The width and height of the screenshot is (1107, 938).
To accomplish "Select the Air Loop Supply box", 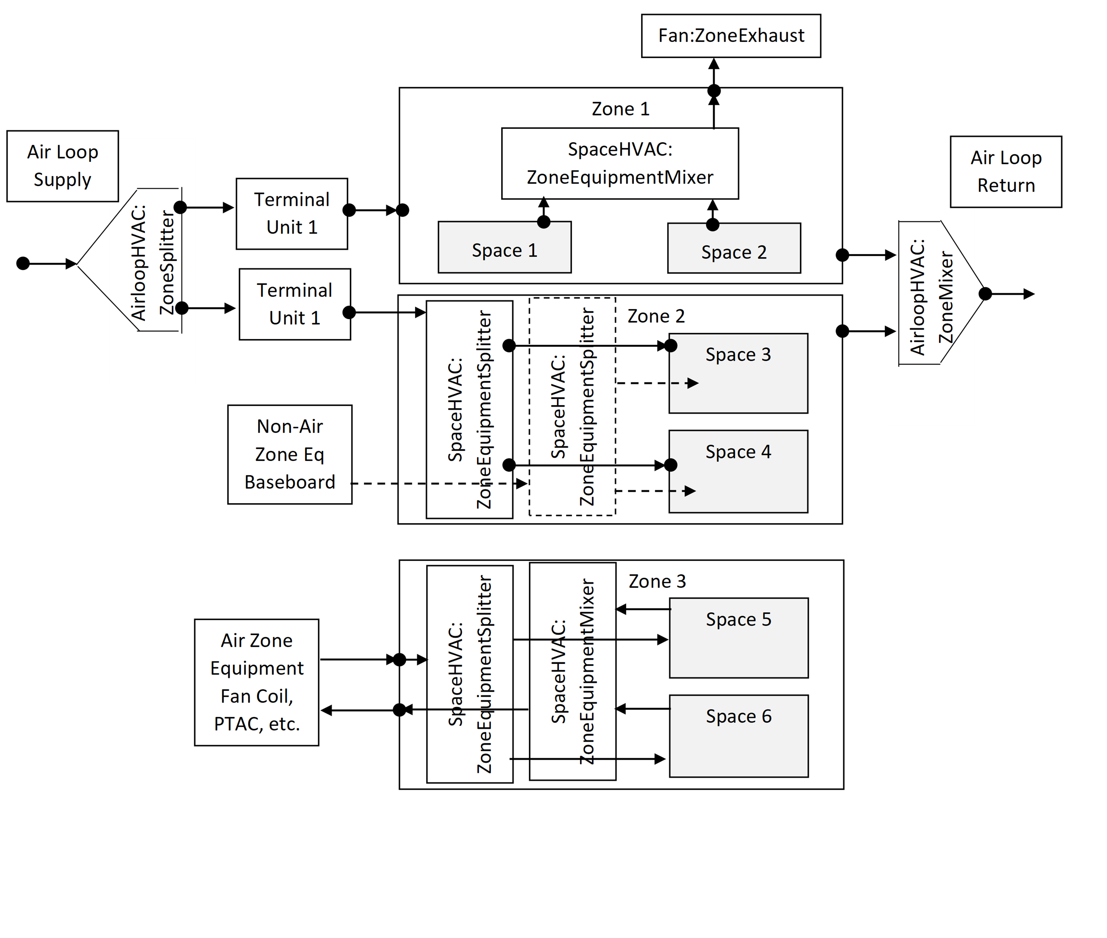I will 63,166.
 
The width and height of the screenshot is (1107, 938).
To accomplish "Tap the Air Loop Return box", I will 1005,171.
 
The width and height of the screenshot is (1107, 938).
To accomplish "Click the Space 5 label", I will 738,619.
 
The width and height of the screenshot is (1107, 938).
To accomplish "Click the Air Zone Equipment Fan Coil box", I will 257,682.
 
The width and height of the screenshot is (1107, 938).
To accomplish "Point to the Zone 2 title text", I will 656,316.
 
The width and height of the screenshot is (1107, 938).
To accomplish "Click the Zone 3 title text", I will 657,581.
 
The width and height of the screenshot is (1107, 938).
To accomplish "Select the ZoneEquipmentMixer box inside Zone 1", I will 620,163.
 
